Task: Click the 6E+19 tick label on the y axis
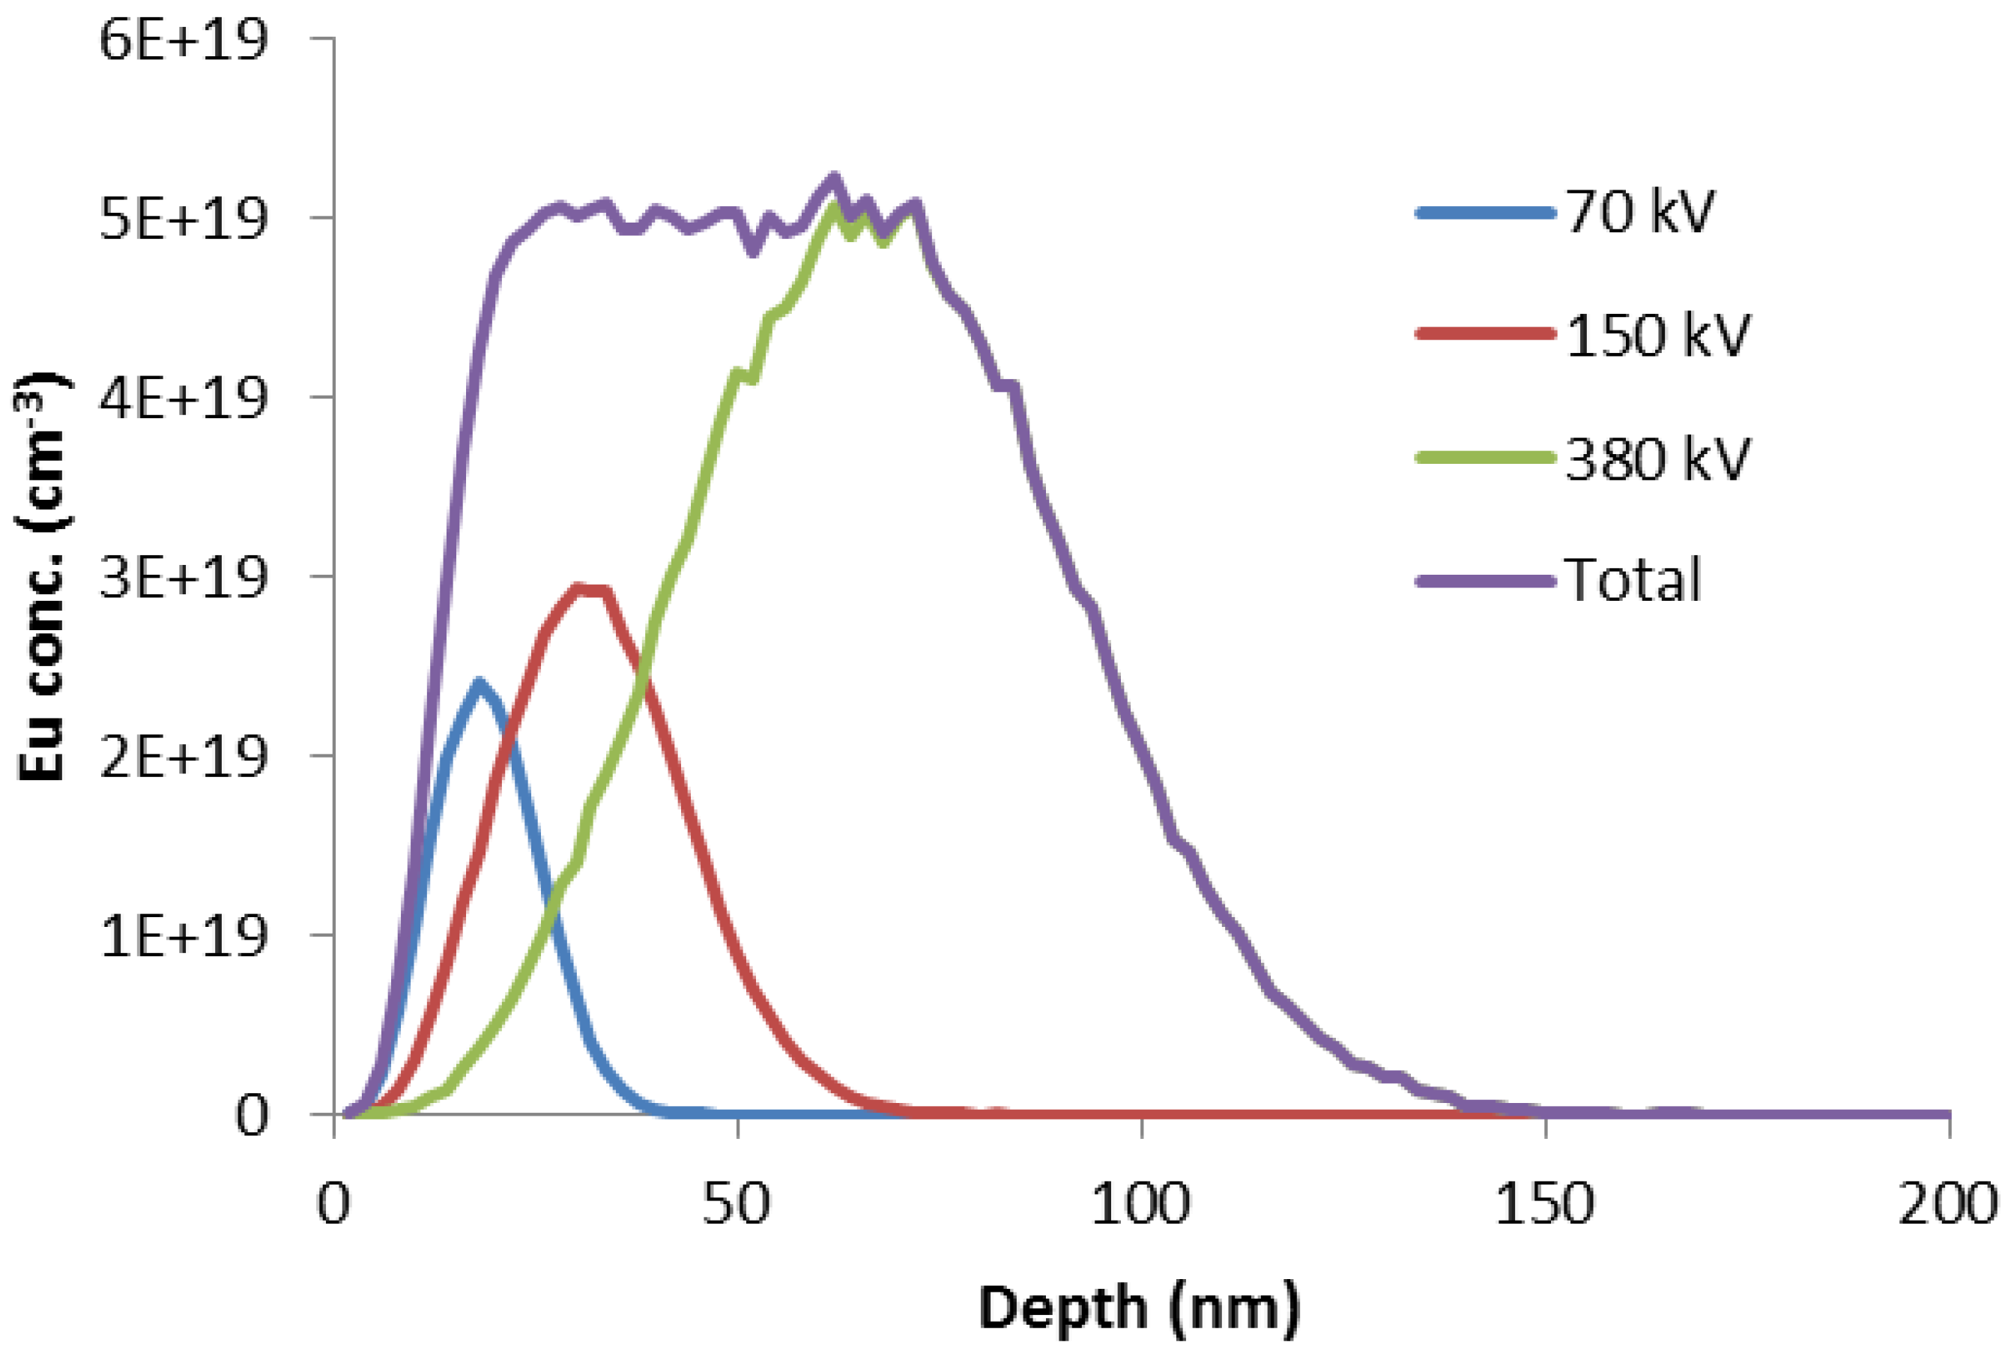[x=183, y=40]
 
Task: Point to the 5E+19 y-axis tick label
[x=183, y=219]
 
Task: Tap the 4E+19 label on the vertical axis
[x=183, y=399]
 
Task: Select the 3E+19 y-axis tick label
[x=183, y=578]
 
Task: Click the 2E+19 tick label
[x=183, y=758]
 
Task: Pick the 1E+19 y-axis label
[x=183, y=937]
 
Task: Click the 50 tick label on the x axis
[x=737, y=1204]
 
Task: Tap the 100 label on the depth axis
[x=1140, y=1204]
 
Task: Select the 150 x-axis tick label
[x=1545, y=1204]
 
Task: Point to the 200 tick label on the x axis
[x=1948, y=1204]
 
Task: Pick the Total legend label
[x=1633, y=580]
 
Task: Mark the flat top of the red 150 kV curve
[x=593, y=590]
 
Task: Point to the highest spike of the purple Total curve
[x=834, y=178]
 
